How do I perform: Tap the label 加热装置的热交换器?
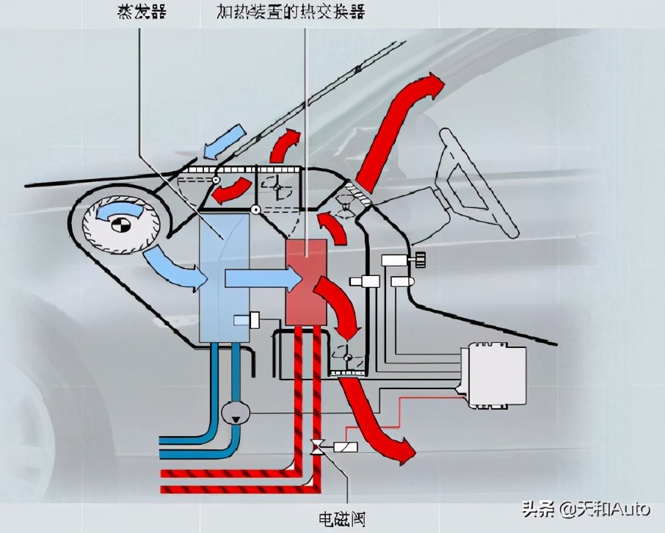click(x=291, y=12)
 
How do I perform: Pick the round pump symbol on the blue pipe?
click(x=236, y=413)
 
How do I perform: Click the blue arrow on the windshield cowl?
click(x=225, y=142)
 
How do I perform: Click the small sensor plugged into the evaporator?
click(x=246, y=321)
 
